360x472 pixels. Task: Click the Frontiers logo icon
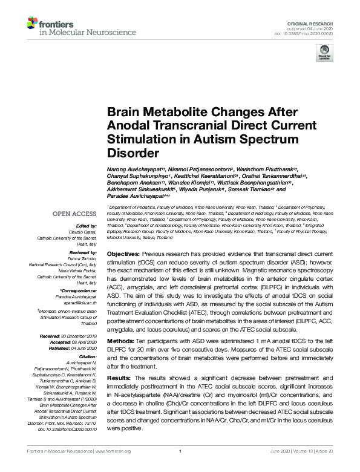[32, 25]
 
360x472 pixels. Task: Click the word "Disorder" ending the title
[133, 153]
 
